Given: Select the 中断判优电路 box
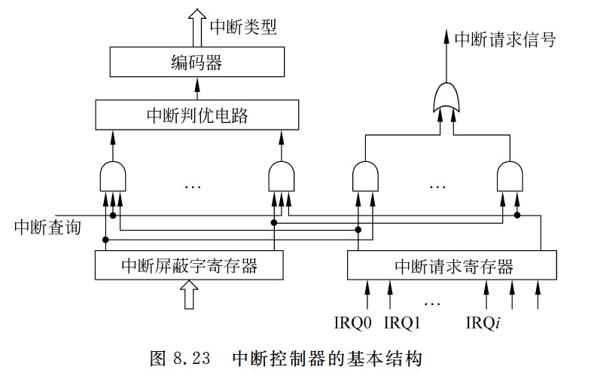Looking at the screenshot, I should tap(198, 115).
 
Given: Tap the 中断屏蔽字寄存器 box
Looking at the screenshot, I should tap(189, 265).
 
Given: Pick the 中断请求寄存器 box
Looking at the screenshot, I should tap(453, 265).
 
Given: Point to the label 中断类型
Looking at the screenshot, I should tap(243, 28).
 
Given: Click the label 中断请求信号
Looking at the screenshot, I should tap(509, 39).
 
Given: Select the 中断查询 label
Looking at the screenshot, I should tap(47, 228).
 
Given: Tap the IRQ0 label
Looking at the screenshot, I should tap(354, 323).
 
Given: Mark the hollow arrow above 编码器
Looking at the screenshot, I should tap(197, 26).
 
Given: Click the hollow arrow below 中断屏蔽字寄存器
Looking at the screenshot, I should tap(189, 295).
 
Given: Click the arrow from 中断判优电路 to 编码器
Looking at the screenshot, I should tap(198, 88).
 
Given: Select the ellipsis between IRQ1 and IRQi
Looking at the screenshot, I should tap(432, 302).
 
